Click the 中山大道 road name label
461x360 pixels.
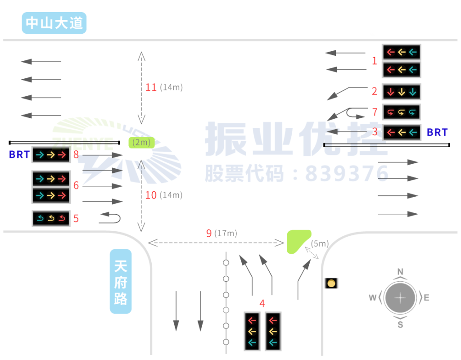pos(54,23)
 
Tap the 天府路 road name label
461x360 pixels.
pos(121,281)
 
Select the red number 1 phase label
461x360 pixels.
pos(374,61)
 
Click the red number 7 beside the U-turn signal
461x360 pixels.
pos(374,112)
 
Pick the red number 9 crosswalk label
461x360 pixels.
pos(209,233)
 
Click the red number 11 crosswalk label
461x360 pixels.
pos(151,87)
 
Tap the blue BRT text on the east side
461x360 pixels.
pos(437,132)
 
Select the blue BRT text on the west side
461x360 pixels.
pos(19,155)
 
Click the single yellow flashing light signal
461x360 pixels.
pos(331,283)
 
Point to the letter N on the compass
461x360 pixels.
pos(400,271)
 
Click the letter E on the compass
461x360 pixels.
pos(426,297)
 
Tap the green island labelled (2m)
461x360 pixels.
pos(142,143)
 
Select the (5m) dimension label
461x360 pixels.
pos(320,243)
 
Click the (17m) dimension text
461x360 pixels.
pos(226,233)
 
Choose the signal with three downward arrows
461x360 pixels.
pos(401,92)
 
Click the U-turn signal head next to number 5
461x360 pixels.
pos(51,219)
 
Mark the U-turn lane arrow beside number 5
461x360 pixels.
pos(110,218)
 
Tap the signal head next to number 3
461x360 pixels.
pos(401,132)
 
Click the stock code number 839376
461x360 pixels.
pos(347,173)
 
